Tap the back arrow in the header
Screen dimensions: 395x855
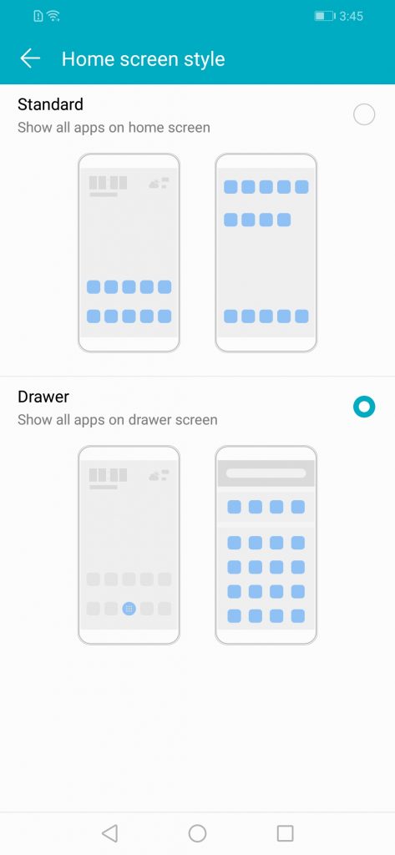(x=30, y=58)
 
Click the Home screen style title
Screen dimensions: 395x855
(x=143, y=59)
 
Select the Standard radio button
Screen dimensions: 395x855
(x=364, y=114)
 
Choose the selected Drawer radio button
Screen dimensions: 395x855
(x=364, y=407)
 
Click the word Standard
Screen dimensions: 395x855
(x=50, y=104)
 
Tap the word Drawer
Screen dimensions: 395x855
(x=43, y=397)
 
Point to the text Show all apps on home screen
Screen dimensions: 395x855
(x=114, y=128)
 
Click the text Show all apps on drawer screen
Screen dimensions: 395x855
(x=117, y=420)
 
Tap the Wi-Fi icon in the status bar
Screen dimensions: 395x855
(x=53, y=17)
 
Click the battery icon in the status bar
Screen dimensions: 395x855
(x=324, y=17)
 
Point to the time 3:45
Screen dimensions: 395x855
(x=351, y=17)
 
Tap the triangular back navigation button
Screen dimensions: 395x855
(x=109, y=832)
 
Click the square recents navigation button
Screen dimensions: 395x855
(x=285, y=832)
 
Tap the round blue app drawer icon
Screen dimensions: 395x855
(x=129, y=609)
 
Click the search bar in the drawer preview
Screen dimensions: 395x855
(x=266, y=473)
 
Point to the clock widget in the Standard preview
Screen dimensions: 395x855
(x=108, y=185)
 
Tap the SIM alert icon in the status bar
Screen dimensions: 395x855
(x=38, y=17)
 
